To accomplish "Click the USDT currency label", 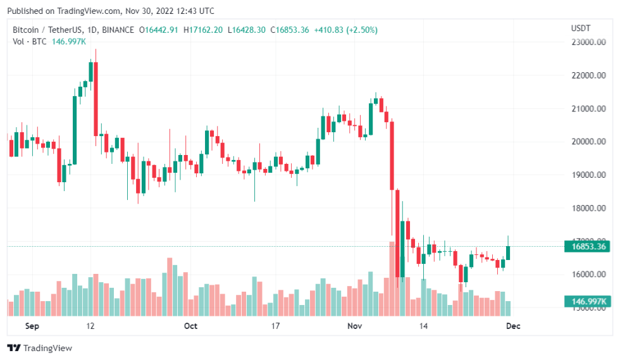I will click(580, 29).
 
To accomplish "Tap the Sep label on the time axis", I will click(32, 326).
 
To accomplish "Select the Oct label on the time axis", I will click(190, 326).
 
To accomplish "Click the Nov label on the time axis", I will click(354, 326).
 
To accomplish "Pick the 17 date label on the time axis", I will click(275, 326).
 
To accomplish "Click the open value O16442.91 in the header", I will click(162, 30).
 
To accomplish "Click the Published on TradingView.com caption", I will click(110, 11).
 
